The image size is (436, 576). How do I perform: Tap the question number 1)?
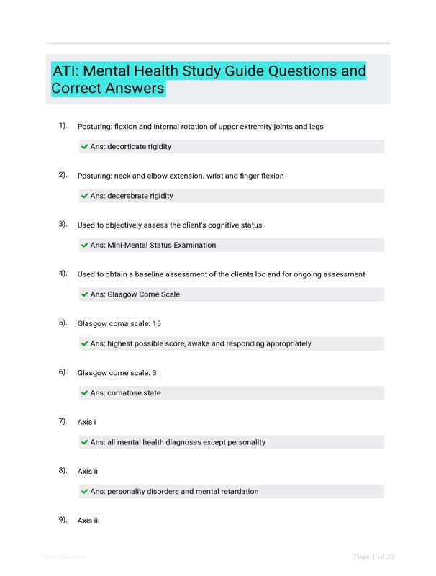pos(63,126)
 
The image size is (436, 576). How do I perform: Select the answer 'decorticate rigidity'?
pos(139,147)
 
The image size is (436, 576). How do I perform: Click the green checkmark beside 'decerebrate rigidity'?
pos(85,196)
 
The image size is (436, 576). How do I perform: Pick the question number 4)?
pos(63,274)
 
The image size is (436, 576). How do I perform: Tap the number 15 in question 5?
pos(156,323)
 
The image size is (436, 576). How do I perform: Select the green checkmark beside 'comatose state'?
pos(85,393)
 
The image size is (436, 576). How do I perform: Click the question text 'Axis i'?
pos(86,422)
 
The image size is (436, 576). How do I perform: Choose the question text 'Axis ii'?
pos(88,471)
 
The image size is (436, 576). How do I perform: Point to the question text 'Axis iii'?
pos(88,520)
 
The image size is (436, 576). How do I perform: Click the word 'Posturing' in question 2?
pos(94,176)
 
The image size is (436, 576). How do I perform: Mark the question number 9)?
pos(63,520)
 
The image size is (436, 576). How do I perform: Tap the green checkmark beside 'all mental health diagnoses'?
pos(85,442)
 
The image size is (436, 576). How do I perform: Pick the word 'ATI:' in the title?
pos(69,71)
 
